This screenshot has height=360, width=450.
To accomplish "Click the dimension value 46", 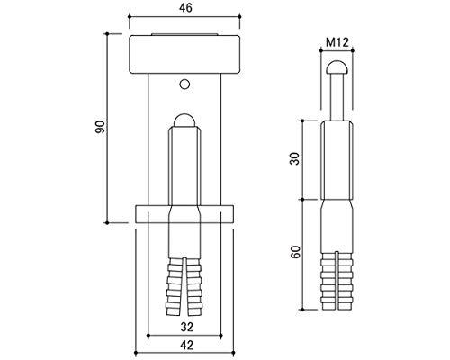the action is [185, 8].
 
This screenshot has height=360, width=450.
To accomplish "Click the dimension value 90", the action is [100, 127].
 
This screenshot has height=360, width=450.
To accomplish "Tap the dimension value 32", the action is [186, 327].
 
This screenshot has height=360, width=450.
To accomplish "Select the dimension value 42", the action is [186, 345].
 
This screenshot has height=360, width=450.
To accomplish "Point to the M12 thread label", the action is [337, 42].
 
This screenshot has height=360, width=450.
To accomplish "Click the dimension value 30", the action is [295, 158].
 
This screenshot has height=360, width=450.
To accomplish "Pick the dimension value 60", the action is [295, 252].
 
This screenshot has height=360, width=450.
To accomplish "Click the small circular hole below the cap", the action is [184, 84].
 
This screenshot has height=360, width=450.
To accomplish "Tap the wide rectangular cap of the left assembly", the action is [184, 54].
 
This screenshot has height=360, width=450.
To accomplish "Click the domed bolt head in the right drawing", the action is [337, 67].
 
